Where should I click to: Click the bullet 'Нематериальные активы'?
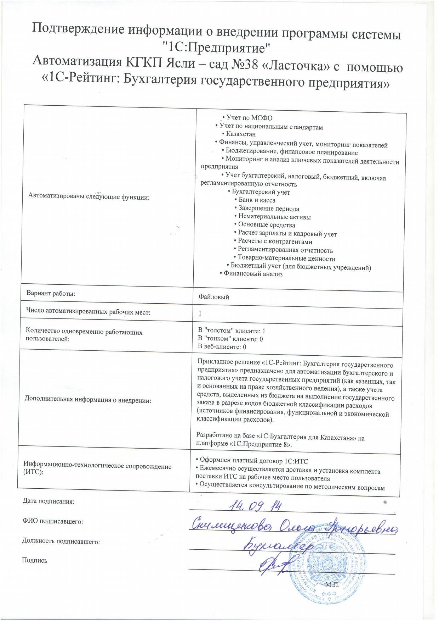pos(272,217)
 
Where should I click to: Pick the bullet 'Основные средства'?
pos(264,225)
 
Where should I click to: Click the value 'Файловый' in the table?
pos(214,297)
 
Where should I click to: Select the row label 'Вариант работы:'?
pos(51,294)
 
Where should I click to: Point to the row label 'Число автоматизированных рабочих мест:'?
pos(88,312)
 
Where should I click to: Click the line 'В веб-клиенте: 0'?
pos(222,347)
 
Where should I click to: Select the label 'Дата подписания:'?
pos(49,501)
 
